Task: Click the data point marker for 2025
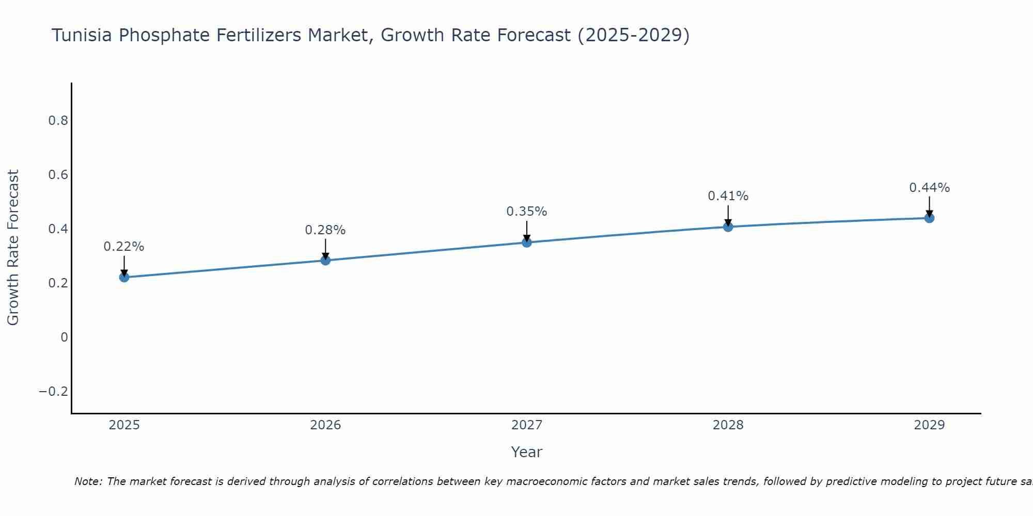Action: tap(124, 277)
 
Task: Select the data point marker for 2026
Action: tap(325, 260)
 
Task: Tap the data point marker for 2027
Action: tap(527, 242)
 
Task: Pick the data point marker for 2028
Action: tap(728, 227)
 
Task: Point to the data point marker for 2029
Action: tap(929, 218)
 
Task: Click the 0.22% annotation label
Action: tap(124, 247)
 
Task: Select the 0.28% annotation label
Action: tap(325, 230)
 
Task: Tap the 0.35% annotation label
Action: tap(527, 212)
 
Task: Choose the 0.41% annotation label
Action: tap(728, 196)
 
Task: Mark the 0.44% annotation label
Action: tap(929, 188)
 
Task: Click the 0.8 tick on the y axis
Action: tap(58, 121)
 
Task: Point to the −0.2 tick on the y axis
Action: tap(54, 392)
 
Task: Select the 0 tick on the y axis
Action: tap(64, 337)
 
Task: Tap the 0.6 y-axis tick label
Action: tap(58, 175)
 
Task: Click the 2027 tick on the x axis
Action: tap(527, 425)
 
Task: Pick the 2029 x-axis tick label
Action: tap(929, 425)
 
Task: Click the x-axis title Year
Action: tap(527, 452)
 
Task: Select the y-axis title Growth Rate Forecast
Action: tap(13, 248)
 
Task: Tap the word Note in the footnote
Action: tap(88, 481)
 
